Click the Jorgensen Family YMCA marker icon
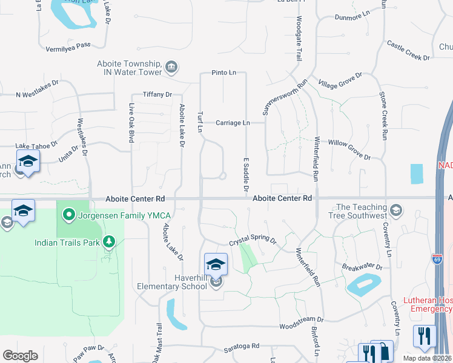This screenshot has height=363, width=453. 69,214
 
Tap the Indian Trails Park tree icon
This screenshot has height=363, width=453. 109,243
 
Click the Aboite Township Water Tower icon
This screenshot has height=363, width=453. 171,67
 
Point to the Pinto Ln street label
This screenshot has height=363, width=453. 223,73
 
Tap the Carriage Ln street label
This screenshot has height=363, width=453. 233,123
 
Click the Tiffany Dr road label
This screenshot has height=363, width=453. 157,94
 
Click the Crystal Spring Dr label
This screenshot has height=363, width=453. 252,241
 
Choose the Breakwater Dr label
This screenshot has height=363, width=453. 362,267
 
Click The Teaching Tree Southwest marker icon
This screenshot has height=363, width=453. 395,211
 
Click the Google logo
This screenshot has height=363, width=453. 20,356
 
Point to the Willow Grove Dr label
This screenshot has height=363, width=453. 349,149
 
